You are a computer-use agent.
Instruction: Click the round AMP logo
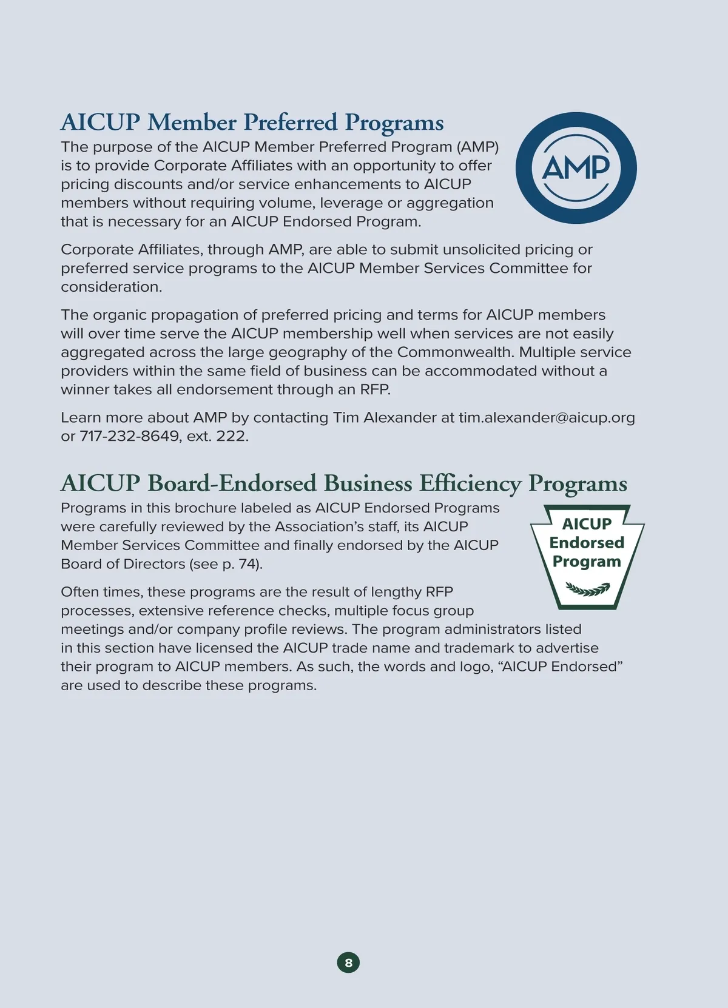[x=576, y=168]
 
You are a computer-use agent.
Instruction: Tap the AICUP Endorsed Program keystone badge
[x=587, y=556]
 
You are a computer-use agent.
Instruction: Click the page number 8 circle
[x=348, y=963]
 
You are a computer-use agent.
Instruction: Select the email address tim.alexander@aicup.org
[x=547, y=417]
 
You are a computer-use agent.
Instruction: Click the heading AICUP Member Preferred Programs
[x=252, y=122]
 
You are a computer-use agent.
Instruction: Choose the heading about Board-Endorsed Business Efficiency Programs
[x=343, y=483]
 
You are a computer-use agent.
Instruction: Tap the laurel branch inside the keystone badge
[x=587, y=588]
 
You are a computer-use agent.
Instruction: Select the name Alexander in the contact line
[x=400, y=417]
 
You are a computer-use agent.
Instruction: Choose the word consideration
[x=111, y=287]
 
